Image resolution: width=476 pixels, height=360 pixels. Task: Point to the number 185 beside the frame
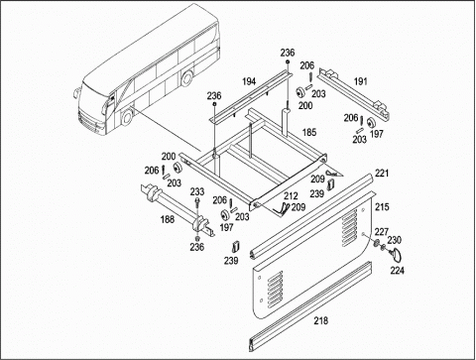point(309,131)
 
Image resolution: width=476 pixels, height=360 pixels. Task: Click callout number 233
point(197,192)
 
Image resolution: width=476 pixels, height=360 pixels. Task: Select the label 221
point(382,174)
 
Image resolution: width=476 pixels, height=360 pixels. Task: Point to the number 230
point(395,239)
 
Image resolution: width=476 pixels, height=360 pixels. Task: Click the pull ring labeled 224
point(400,255)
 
